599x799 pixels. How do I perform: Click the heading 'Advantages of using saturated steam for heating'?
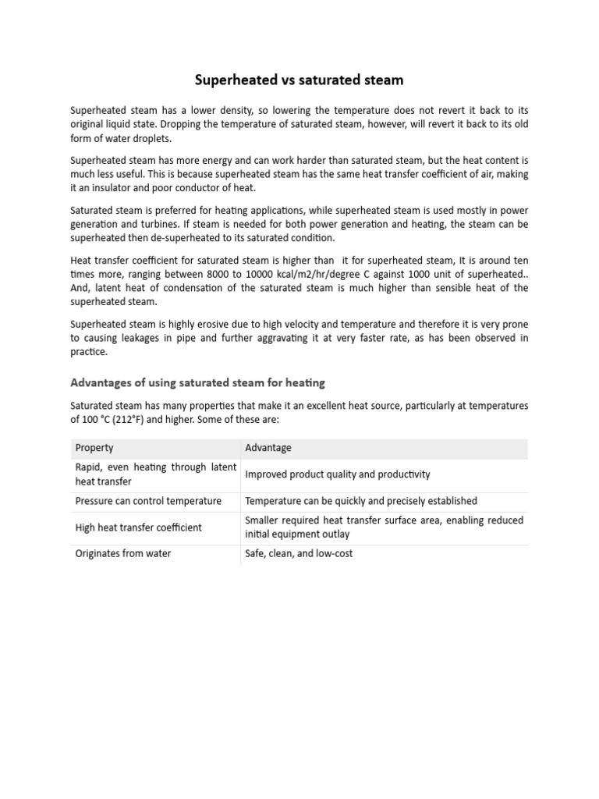tap(197, 382)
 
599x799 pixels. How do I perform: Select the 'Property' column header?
tap(94, 448)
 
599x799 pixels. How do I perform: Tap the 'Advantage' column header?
tap(268, 448)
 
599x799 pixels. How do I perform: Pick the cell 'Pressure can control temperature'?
tap(148, 501)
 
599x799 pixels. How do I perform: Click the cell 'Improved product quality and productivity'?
tap(337, 474)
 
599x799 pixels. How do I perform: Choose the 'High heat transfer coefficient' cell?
tap(138, 527)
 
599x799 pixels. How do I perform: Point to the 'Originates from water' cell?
tap(123, 553)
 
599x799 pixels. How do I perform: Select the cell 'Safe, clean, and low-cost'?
tap(299, 553)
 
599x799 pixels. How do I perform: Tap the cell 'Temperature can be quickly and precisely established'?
tap(361, 501)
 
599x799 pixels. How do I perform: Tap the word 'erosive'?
tap(198, 325)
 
